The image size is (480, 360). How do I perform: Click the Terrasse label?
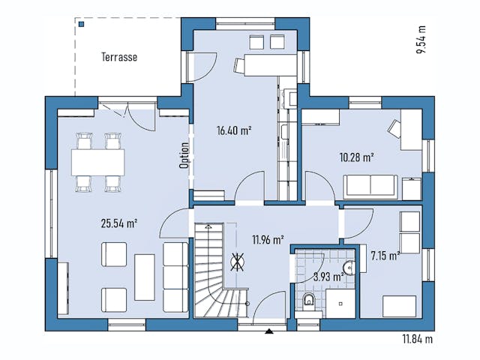coord(120,57)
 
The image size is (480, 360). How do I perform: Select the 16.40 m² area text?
coord(234,130)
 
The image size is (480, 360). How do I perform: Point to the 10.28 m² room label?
coord(357,157)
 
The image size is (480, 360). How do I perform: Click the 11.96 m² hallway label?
coord(267,240)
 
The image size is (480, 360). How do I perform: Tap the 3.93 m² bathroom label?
coord(327,277)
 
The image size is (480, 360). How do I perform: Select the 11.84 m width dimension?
coord(418,339)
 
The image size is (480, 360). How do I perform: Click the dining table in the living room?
coord(97,160)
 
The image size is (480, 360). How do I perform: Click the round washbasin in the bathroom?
coord(347,267)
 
